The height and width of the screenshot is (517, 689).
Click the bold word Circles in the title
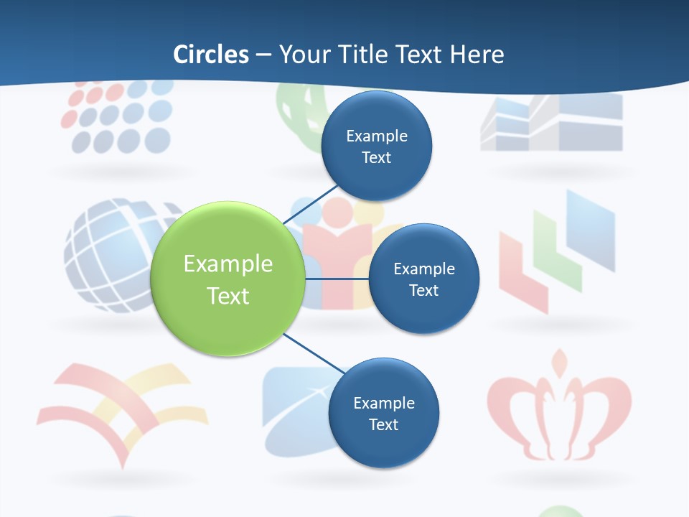pyautogui.click(x=210, y=54)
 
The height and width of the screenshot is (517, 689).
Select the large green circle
pyautogui.click(x=228, y=279)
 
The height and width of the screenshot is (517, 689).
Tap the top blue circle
pyautogui.click(x=376, y=146)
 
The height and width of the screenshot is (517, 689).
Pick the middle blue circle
pyautogui.click(x=423, y=279)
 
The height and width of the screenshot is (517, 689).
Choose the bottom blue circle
pyautogui.click(x=383, y=413)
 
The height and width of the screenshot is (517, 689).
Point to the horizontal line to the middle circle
pyautogui.click(x=337, y=278)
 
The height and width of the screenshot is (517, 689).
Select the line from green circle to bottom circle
pyautogui.click(x=312, y=353)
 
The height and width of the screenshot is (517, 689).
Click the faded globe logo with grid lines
pyautogui.click(x=108, y=255)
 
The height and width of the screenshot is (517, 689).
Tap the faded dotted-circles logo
pyautogui.click(x=118, y=118)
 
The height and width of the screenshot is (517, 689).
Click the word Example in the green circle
pyautogui.click(x=228, y=264)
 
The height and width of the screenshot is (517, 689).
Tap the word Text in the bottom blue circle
pyautogui.click(x=383, y=424)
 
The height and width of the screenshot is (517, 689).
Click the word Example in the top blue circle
pyautogui.click(x=376, y=136)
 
